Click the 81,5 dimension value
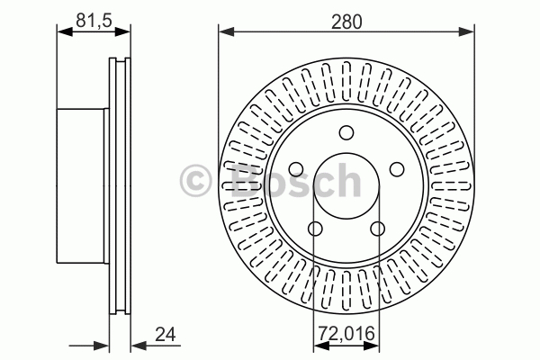coord(94,21)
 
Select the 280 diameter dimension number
coord(346,22)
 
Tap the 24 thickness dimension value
coord(166,334)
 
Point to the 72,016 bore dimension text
coord(346,334)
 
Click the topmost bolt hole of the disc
coord(346,132)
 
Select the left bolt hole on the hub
coord(296,169)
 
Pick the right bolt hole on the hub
coord(397,169)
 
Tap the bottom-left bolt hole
coord(315,228)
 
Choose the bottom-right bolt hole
coord(378,228)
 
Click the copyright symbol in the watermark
coord(195,181)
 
